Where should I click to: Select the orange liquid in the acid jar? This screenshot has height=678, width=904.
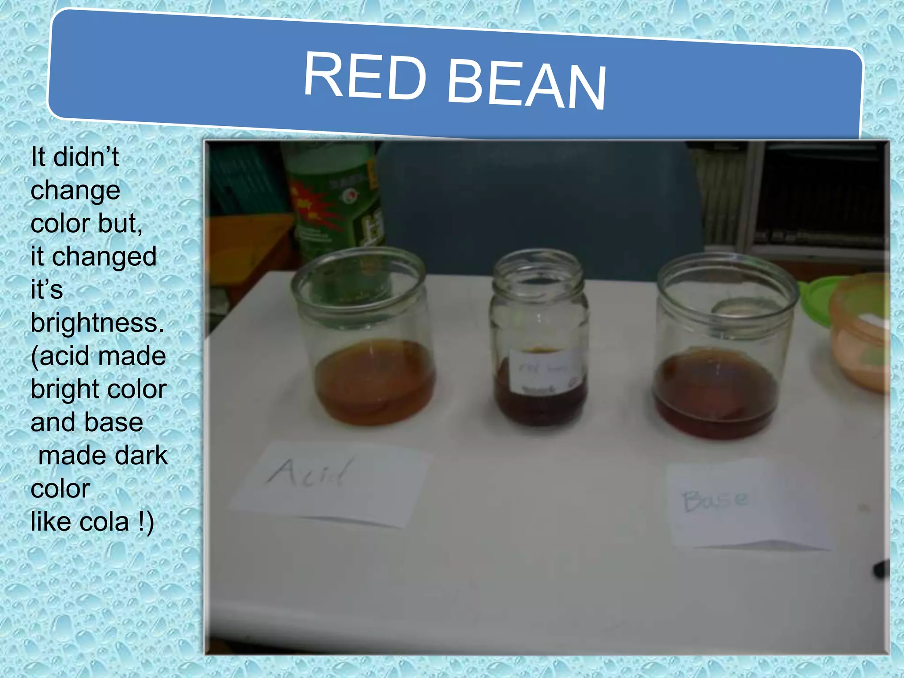[x=375, y=382]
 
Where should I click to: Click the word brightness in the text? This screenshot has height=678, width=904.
[x=97, y=323]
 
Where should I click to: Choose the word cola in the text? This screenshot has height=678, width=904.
[x=104, y=522]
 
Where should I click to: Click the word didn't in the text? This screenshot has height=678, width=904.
[x=86, y=157]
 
